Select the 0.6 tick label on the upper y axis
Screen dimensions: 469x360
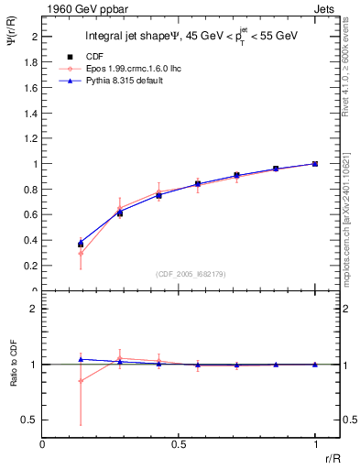tap(32, 215)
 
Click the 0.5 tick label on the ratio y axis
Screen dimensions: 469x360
tap(30, 420)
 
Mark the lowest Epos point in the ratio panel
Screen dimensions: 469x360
tap(81, 380)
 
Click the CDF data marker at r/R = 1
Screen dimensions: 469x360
tap(315, 164)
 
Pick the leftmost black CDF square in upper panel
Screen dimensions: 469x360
tap(81, 245)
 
